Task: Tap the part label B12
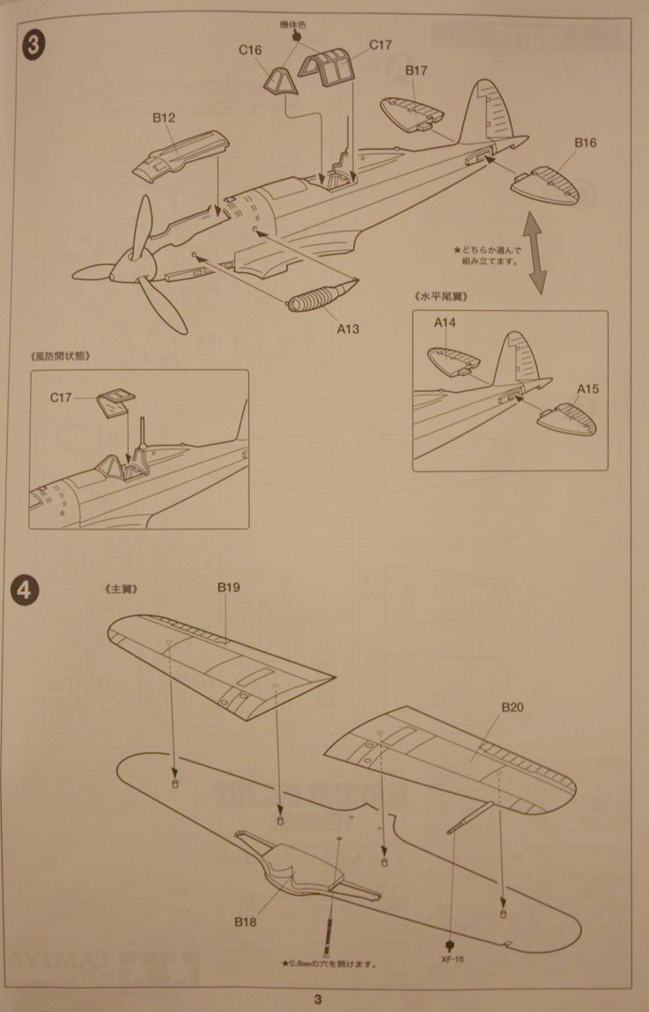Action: pyautogui.click(x=164, y=116)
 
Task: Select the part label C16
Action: pyautogui.click(x=250, y=50)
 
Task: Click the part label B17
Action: pyautogui.click(x=417, y=70)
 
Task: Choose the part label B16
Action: pyautogui.click(x=586, y=142)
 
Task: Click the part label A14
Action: pyautogui.click(x=445, y=323)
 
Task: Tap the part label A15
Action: pyautogui.click(x=588, y=388)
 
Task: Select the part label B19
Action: pyautogui.click(x=229, y=587)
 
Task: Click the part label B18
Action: pyautogui.click(x=245, y=921)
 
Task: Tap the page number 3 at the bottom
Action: pyautogui.click(x=318, y=999)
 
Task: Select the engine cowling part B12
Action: pyautogui.click(x=182, y=152)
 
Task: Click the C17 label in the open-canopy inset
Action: pyautogui.click(x=62, y=397)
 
